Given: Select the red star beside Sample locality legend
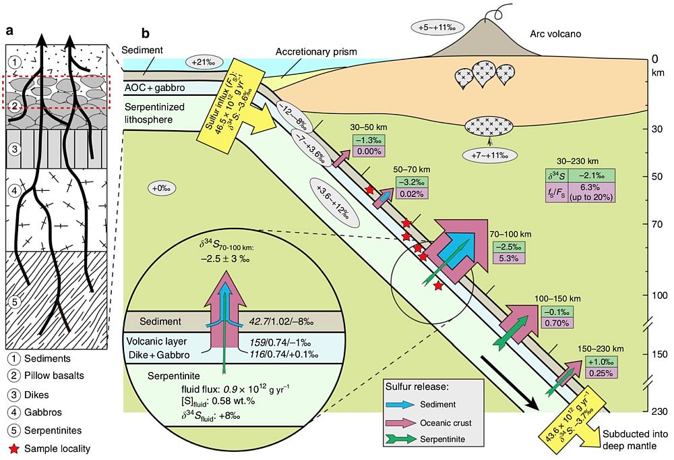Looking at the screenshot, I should (13, 448).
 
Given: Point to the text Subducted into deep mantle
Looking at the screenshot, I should (635, 438).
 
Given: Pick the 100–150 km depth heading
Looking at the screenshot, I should (557, 298).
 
